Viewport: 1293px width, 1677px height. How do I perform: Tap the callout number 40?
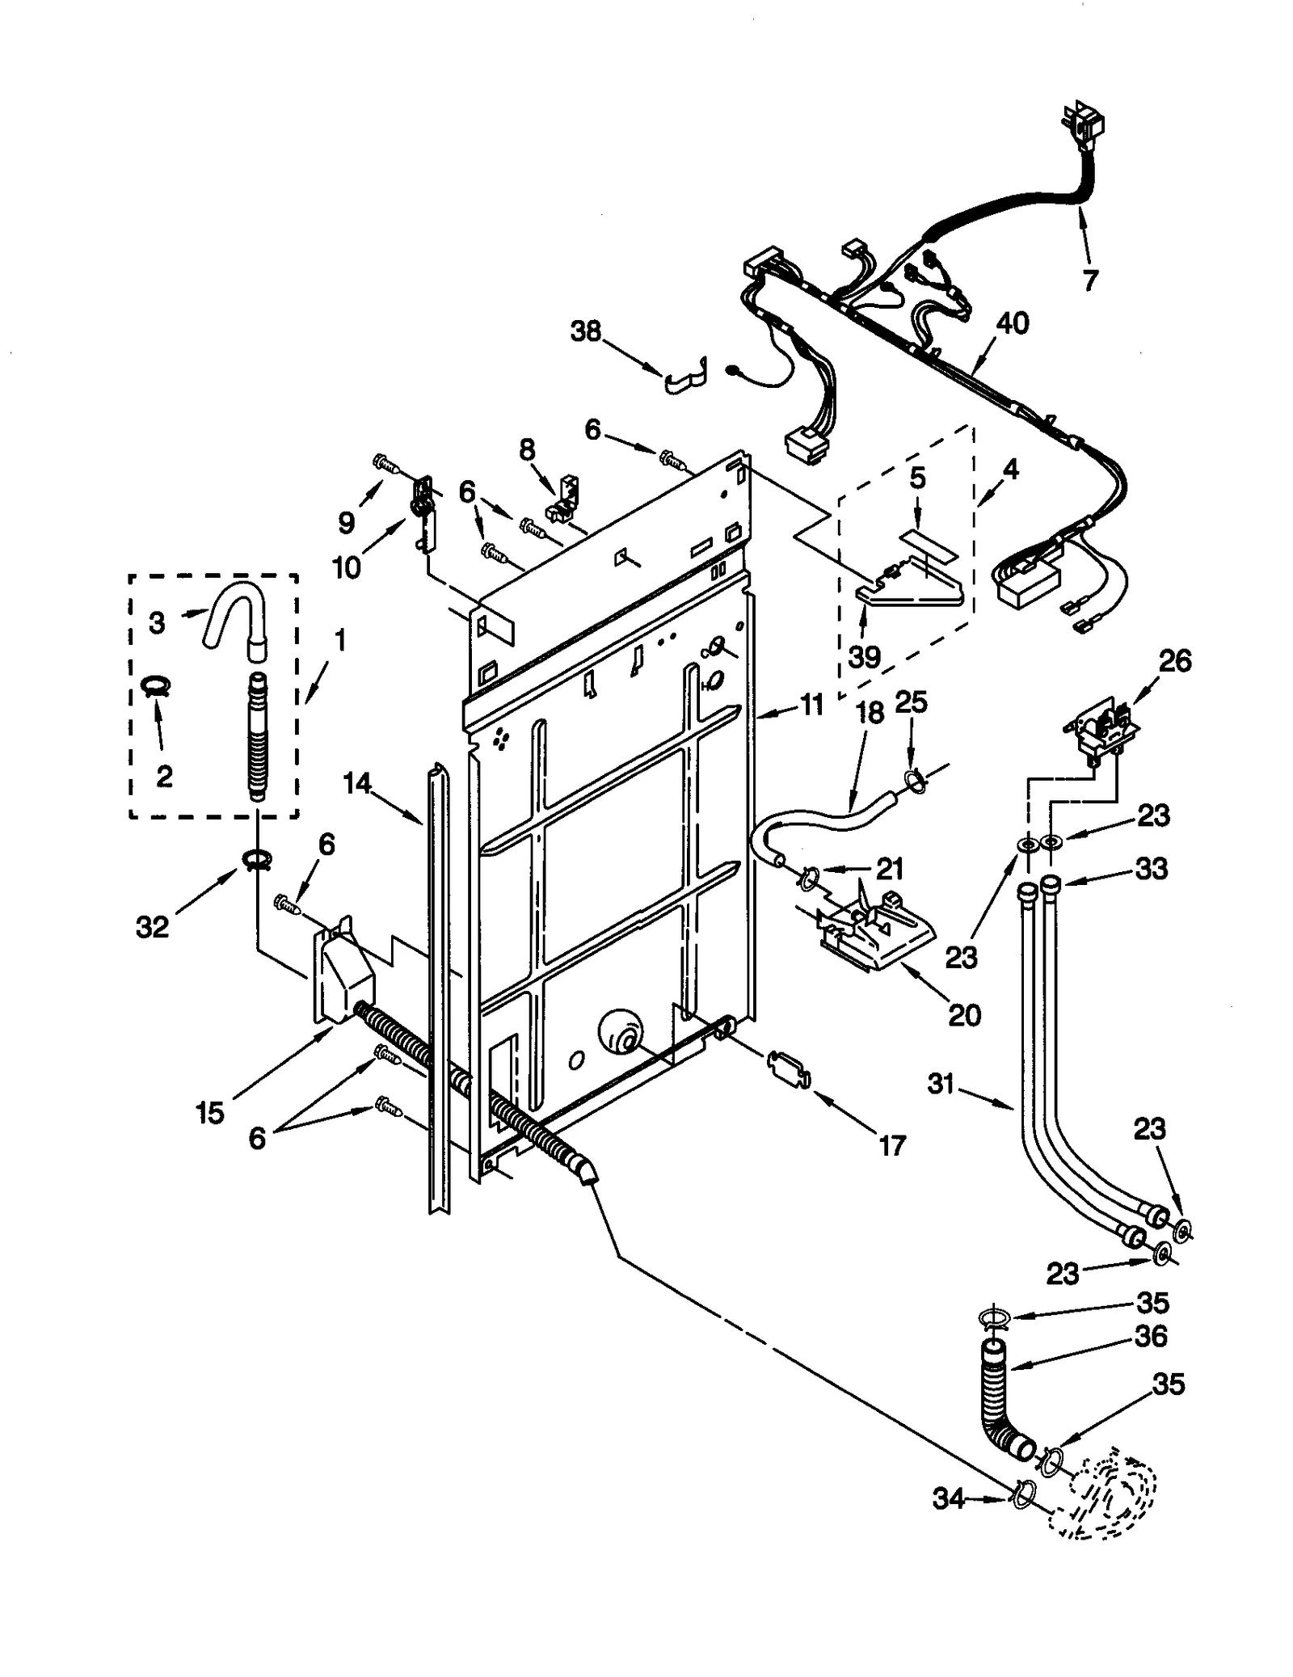(1012, 323)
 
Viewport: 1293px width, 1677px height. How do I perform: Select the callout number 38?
(586, 331)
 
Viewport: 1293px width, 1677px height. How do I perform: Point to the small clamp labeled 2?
(154, 687)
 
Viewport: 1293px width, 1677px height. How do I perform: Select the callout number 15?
(209, 1113)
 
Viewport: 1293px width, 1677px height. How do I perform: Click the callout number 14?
(356, 782)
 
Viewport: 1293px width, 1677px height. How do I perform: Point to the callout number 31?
(941, 1083)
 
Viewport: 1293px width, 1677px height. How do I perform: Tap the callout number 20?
(963, 1014)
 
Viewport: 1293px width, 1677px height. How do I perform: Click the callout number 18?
(870, 714)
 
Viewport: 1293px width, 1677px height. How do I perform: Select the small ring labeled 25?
(914, 778)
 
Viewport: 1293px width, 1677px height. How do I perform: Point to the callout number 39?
(864, 656)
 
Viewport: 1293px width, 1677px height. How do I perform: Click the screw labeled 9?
(385, 464)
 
